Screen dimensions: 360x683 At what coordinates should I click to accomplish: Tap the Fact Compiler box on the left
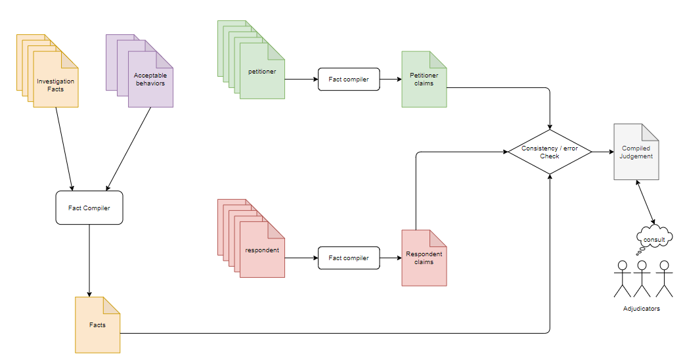pyautogui.click(x=89, y=208)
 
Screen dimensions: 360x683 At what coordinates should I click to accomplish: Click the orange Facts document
pyautogui.click(x=97, y=325)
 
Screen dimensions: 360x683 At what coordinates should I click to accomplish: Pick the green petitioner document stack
pyautogui.click(x=261, y=71)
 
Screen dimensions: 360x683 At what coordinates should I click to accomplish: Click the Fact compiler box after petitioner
pyautogui.click(x=349, y=79)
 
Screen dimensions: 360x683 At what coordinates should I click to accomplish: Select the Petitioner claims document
pyautogui.click(x=424, y=79)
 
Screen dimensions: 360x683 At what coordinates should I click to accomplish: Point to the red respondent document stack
pyautogui.click(x=261, y=250)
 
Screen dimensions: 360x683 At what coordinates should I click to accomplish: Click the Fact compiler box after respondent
pyautogui.click(x=349, y=258)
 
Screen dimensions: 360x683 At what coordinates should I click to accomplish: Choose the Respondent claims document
pyautogui.click(x=424, y=258)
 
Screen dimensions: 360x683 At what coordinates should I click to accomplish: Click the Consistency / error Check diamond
pyautogui.click(x=549, y=152)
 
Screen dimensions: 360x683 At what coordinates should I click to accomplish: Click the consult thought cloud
pyautogui.click(x=655, y=239)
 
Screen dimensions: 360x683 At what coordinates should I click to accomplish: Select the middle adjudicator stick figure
pyautogui.click(x=642, y=279)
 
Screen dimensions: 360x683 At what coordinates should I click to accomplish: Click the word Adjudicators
pyautogui.click(x=641, y=309)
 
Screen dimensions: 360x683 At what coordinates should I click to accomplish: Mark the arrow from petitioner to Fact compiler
pyautogui.click(x=301, y=79)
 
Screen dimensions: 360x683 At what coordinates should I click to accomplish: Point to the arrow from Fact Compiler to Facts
pyautogui.click(x=89, y=260)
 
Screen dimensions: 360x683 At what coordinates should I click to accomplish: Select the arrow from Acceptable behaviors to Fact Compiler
pyautogui.click(x=129, y=148)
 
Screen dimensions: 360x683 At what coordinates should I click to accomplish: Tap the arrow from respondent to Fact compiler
pyautogui.click(x=301, y=258)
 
